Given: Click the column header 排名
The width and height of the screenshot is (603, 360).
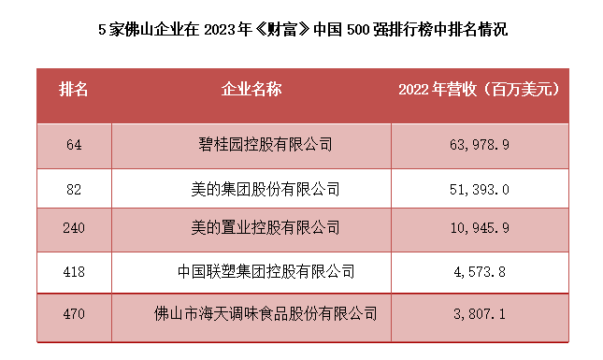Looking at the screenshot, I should pyautogui.click(x=74, y=90).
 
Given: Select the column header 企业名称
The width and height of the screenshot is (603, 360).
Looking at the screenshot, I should pyautogui.click(x=251, y=90).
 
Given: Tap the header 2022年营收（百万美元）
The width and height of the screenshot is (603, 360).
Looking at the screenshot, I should pyautogui.click(x=478, y=90).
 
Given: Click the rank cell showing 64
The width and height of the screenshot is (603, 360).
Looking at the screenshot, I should pyautogui.click(x=75, y=145).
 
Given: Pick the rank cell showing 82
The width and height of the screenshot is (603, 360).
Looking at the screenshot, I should pyautogui.click(x=75, y=189).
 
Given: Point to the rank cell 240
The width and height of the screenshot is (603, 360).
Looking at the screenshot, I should pyautogui.click(x=75, y=227).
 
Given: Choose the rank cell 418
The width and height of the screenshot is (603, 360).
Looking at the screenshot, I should pyautogui.click(x=75, y=272).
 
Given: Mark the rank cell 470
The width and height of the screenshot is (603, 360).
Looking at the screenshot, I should pyautogui.click(x=75, y=314).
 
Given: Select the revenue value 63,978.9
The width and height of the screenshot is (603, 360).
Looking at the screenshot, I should pyautogui.click(x=479, y=145).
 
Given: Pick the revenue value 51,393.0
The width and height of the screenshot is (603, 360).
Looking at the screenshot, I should pyautogui.click(x=479, y=189).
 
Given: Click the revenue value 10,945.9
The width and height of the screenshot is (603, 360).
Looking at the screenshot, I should pyautogui.click(x=479, y=227).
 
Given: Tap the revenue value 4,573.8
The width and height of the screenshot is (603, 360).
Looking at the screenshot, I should pyautogui.click(x=479, y=272).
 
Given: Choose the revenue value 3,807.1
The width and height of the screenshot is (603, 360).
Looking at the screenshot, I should pyautogui.click(x=479, y=314).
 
